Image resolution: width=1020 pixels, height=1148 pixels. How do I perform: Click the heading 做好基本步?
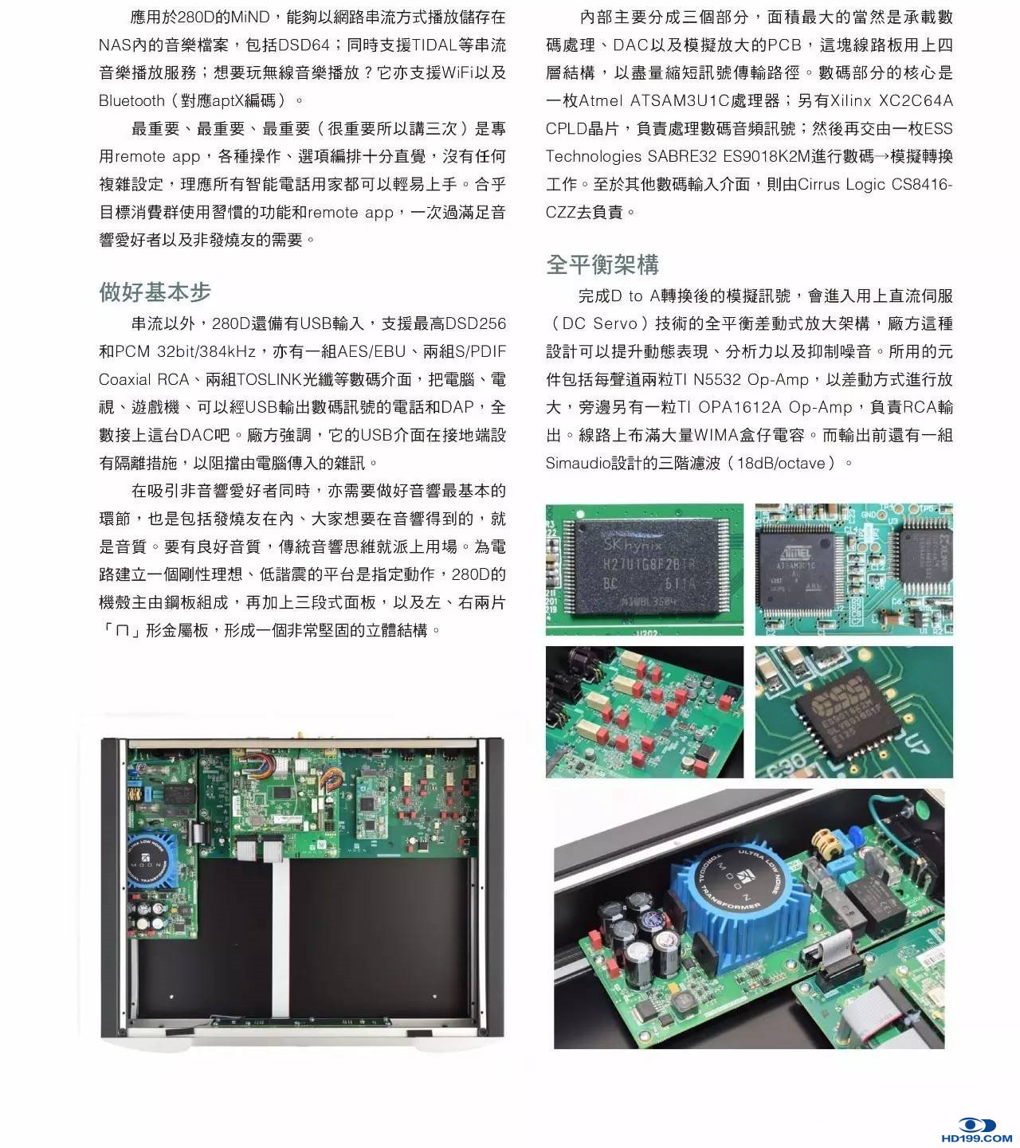[x=155, y=292]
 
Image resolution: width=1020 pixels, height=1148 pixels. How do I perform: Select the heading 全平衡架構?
[x=602, y=264]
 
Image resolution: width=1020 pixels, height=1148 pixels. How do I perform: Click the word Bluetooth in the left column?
[x=131, y=101]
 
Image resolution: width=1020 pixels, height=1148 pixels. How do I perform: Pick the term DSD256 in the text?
[x=475, y=323]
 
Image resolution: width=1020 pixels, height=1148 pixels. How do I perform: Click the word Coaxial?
[x=125, y=379]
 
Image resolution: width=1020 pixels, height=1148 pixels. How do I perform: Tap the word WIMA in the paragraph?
[x=716, y=435]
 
